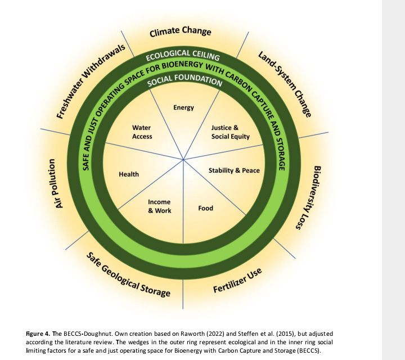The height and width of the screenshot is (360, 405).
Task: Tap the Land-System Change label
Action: (x=285, y=84)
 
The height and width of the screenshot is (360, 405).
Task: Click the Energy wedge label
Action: (x=183, y=107)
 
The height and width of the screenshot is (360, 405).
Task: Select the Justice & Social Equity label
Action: (x=230, y=132)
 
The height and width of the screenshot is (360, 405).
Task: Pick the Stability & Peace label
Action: (x=234, y=170)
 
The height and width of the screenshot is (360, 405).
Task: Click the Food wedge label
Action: (x=206, y=208)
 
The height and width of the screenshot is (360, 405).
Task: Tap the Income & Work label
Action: (x=159, y=206)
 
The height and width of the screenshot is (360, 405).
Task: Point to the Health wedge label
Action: (x=129, y=174)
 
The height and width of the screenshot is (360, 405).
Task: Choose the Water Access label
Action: (x=142, y=132)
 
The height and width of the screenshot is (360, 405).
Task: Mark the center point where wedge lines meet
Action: (x=184, y=161)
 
